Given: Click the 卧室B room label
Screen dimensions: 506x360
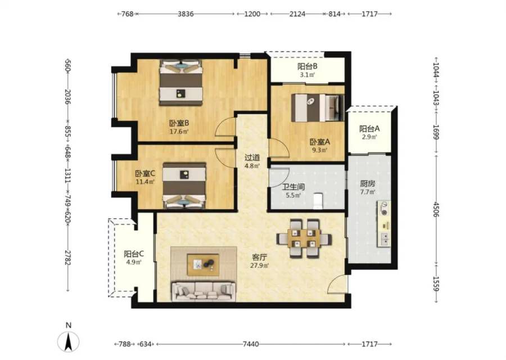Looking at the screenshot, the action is pos(179,123).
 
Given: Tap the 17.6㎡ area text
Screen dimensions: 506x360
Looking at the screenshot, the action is pos(179,132).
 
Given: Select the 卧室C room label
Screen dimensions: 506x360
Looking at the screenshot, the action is pos(145,174).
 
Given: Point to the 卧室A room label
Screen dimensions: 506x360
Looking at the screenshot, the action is pos(320,142).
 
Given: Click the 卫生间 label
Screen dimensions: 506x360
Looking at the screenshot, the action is pos(293,187).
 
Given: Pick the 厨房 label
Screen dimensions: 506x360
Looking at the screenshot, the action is pos(368,184).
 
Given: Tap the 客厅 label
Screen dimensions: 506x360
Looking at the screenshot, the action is pos(259,257).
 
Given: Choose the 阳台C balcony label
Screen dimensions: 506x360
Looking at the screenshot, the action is pos(134,254).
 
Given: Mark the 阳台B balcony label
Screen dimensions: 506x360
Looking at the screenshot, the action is pos(307,66).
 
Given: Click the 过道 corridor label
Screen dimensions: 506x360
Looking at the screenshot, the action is pos(252,157).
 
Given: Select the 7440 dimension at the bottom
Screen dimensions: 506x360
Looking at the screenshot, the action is pos(251,344).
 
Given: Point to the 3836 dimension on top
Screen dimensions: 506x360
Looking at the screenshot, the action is pos(186,14).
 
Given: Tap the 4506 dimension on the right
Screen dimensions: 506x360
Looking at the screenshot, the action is pos(436,209).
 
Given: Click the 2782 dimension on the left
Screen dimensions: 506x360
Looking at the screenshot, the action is pos(67,257).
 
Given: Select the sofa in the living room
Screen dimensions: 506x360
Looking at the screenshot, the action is pos(204,291).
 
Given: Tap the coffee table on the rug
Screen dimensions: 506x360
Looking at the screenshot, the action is pos(203,265).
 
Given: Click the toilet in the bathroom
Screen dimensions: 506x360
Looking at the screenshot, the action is pos(318,201).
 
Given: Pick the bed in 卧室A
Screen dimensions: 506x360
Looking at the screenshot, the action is pos(318,107).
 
